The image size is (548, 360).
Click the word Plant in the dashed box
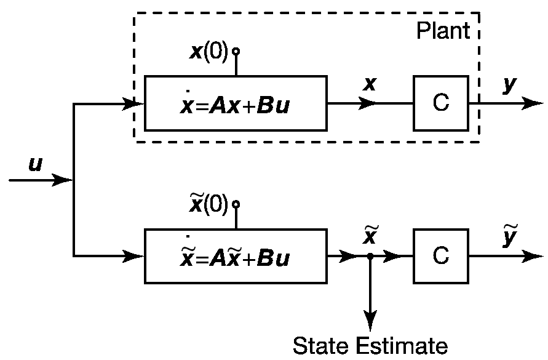click(x=442, y=31)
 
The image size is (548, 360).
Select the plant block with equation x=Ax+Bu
click(x=236, y=103)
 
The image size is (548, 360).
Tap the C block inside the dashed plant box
click(x=440, y=103)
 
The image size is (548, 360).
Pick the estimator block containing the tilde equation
click(x=236, y=256)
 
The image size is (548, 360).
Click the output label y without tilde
click(x=509, y=84)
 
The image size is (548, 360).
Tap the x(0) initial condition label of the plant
click(x=208, y=52)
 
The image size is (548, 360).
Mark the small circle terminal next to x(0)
click(x=235, y=52)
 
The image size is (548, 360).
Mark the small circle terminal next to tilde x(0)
click(x=235, y=203)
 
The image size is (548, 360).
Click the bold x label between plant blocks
click(x=369, y=84)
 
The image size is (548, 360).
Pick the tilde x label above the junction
click(x=370, y=236)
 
